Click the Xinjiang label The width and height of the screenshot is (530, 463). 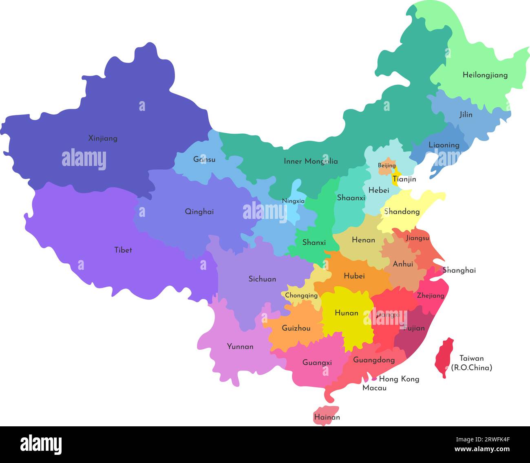point(103,139)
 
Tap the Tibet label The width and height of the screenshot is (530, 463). point(123,250)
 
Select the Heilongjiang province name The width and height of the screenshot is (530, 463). point(485,75)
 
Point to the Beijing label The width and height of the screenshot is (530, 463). point(386,165)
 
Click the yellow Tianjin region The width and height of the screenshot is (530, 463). point(395,179)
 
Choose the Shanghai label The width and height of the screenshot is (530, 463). point(459,270)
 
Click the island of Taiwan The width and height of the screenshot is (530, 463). point(444,357)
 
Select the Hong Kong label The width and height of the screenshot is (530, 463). point(399,379)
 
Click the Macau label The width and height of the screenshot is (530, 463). point(374,388)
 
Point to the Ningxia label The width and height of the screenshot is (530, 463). point(293,201)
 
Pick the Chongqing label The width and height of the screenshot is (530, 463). point(301,295)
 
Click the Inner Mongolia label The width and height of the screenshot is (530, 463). point(311,161)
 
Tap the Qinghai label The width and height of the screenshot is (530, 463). point(199,212)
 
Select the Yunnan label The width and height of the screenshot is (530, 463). point(240,347)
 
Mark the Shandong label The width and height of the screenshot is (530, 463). point(402,212)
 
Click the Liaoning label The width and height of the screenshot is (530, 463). point(444,145)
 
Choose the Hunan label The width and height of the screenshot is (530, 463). point(346,313)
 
